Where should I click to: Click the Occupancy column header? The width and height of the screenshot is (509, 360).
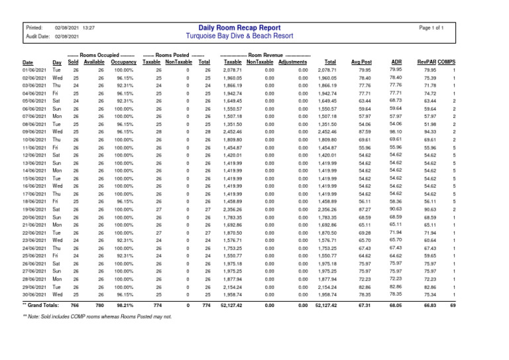click(123, 62)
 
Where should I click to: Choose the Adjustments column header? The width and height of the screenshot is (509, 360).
click(293, 62)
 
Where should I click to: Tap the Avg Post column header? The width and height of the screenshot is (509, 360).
click(361, 62)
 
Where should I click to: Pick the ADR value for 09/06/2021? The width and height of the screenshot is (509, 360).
click(396, 131)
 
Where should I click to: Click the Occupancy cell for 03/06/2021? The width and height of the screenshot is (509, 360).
click(123, 86)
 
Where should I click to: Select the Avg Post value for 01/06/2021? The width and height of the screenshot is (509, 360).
click(365, 70)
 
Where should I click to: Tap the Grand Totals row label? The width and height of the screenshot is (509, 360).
click(40, 305)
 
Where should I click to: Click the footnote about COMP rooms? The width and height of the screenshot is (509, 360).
click(97, 317)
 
